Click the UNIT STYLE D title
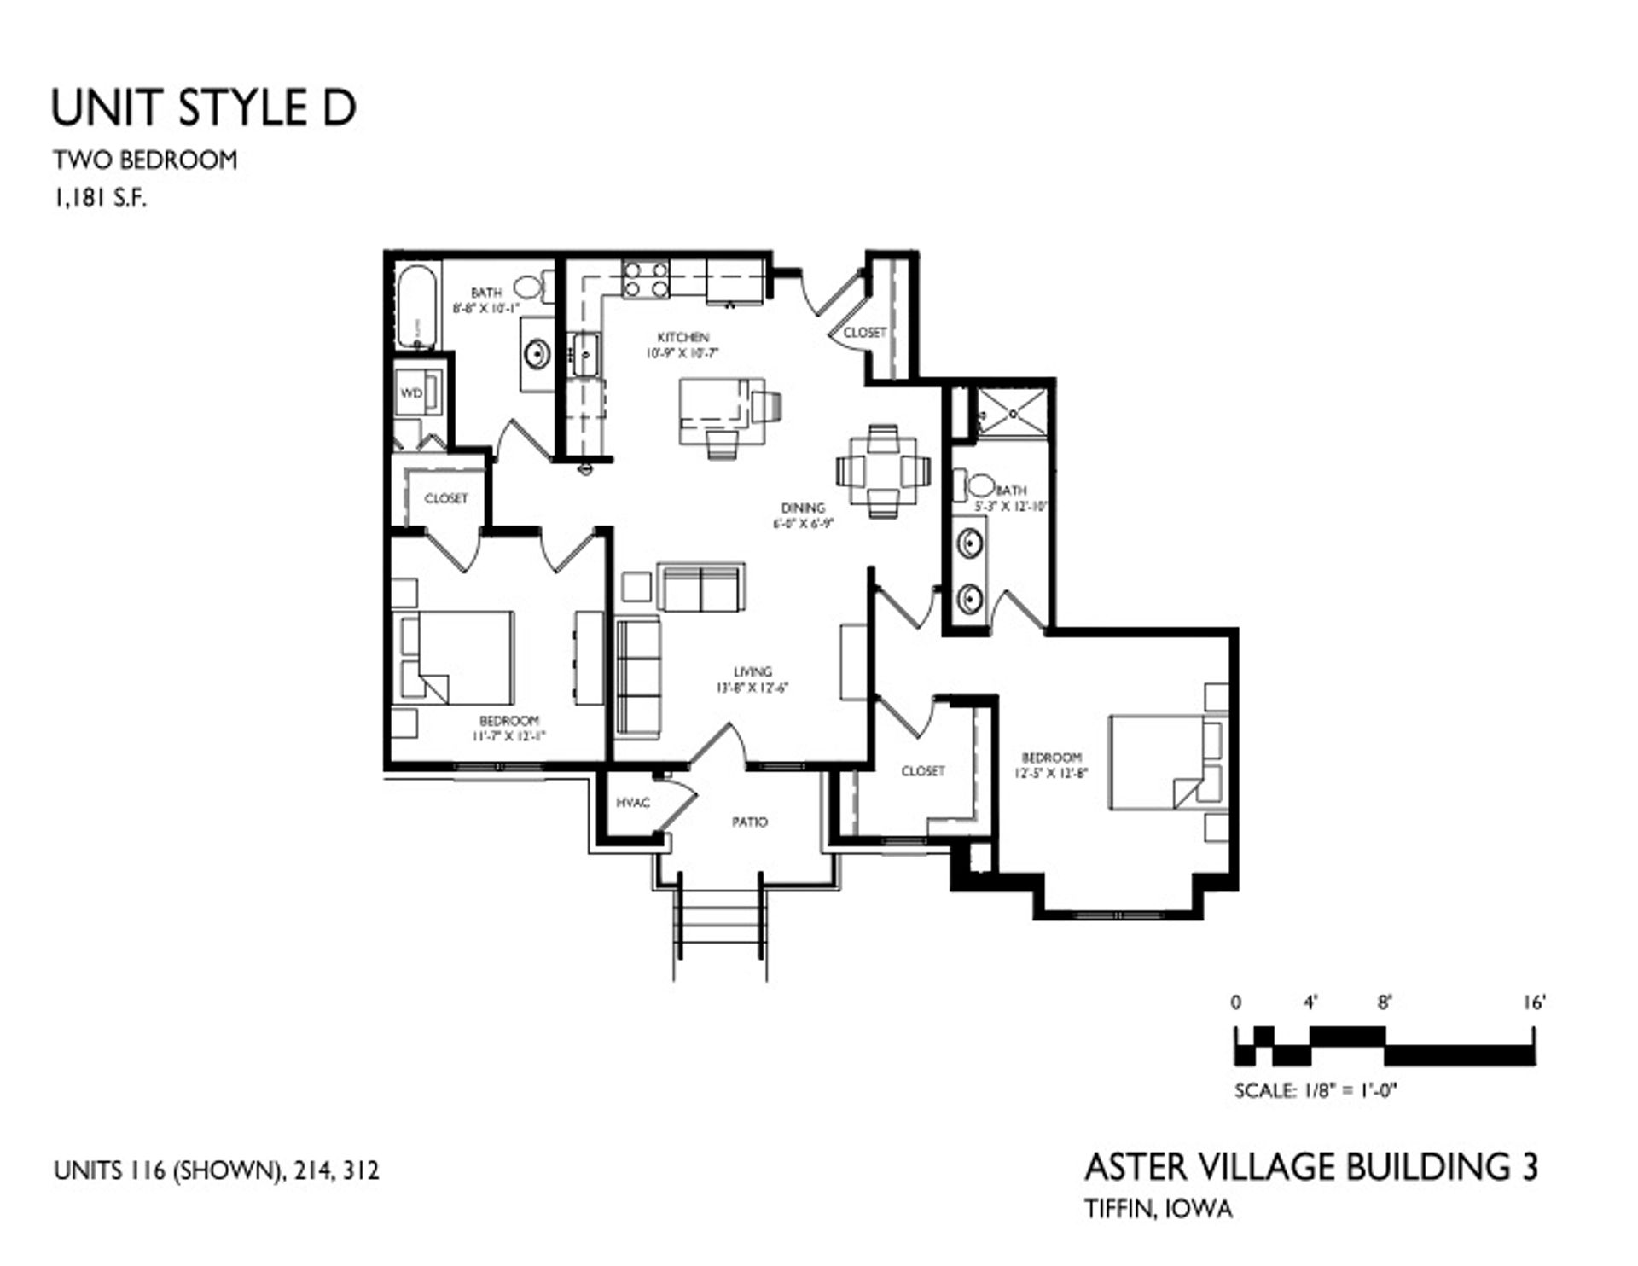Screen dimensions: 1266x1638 pyautogui.click(x=203, y=108)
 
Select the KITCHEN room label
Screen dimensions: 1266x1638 pyautogui.click(x=682, y=338)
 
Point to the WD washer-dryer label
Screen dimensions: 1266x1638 pyautogui.click(x=412, y=394)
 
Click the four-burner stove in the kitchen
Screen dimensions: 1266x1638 pyautogui.click(x=646, y=279)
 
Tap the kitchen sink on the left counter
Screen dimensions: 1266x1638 pyautogui.click(x=587, y=354)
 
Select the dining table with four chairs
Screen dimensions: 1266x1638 pyautogui.click(x=883, y=470)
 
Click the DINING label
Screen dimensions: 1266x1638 pyautogui.click(x=803, y=508)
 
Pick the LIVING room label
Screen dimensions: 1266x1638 pyautogui.click(x=752, y=672)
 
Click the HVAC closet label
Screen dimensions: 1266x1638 pyautogui.click(x=633, y=803)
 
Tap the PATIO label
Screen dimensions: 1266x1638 pyautogui.click(x=750, y=822)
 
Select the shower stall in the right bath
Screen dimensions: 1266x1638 pyautogui.click(x=1013, y=412)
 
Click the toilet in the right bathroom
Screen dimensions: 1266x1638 pyautogui.click(x=979, y=486)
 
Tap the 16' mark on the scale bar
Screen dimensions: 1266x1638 pyautogui.click(x=1533, y=1003)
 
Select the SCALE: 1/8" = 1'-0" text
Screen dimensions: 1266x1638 pyautogui.click(x=1315, y=1090)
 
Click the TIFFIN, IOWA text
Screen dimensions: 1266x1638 pyautogui.click(x=1159, y=1209)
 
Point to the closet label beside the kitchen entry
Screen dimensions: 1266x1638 pyautogui.click(x=865, y=333)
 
